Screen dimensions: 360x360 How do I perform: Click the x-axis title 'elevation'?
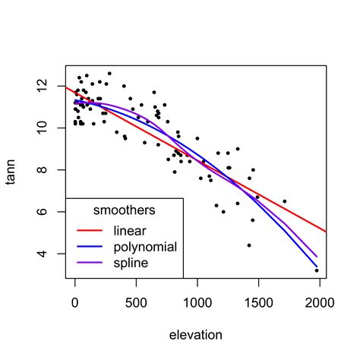[x=197, y=334]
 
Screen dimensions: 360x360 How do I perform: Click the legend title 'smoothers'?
[x=124, y=210]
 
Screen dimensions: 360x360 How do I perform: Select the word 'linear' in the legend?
[x=130, y=229]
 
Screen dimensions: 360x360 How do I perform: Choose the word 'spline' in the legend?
[x=131, y=264]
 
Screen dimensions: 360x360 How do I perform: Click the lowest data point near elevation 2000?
[x=317, y=270]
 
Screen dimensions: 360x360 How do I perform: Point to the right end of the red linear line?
[x=327, y=231]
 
